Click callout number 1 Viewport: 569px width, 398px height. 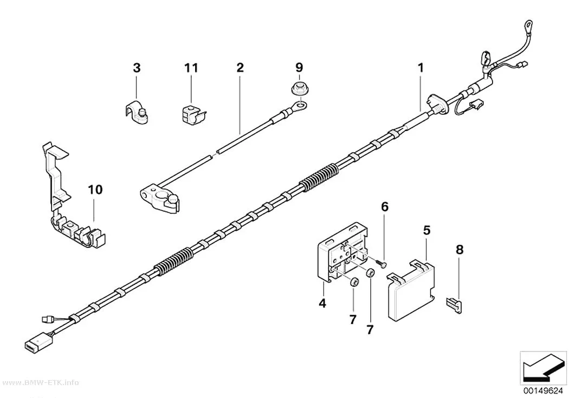click(421, 68)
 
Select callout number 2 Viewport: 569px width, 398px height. click(240, 68)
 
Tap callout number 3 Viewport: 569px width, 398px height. click(137, 68)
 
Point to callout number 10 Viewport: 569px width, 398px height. click(95, 190)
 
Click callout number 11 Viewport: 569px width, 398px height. click(191, 68)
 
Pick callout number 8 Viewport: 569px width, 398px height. click(460, 250)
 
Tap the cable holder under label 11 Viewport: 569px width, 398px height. click(193, 114)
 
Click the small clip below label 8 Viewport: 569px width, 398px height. click(454, 304)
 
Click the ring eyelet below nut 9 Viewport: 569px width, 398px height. click(300, 106)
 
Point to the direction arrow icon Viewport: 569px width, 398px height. click(543, 368)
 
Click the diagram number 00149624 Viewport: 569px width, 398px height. click(543, 391)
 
